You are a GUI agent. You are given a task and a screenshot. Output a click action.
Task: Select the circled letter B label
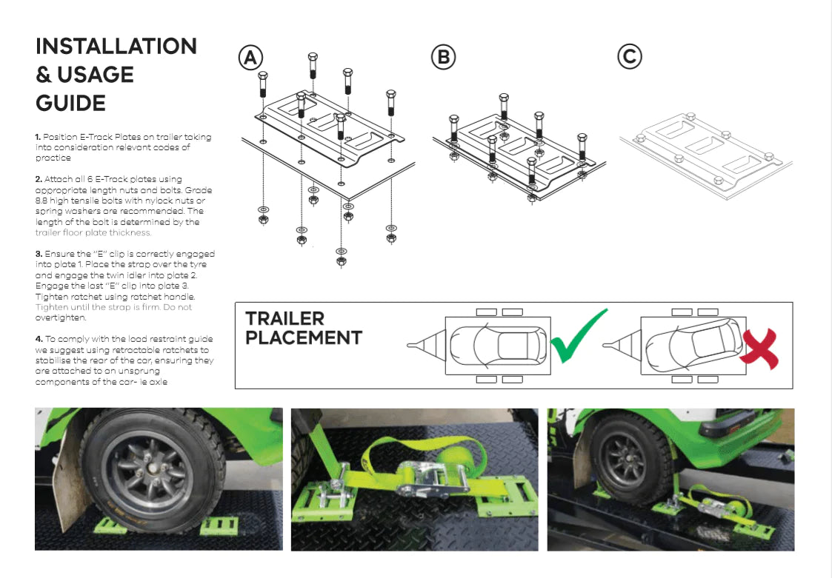point(443,57)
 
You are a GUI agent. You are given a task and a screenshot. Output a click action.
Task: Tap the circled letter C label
point(630,57)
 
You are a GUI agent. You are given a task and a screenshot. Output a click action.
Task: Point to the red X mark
point(759,349)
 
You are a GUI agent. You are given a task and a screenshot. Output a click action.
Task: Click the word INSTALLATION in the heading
point(116,46)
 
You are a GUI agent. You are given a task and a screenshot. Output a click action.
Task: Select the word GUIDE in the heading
point(70,103)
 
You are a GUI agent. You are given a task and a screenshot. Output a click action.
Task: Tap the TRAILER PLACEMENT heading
point(303,329)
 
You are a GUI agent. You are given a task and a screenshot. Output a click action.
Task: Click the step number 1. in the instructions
point(38,137)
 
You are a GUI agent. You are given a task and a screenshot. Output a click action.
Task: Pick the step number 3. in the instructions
point(39,254)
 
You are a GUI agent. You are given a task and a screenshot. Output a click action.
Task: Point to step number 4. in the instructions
point(39,339)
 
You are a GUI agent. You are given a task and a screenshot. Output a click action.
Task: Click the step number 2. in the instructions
point(39,180)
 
